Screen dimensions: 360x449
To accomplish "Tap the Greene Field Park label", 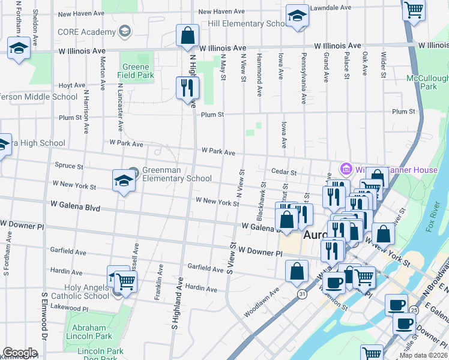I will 138,71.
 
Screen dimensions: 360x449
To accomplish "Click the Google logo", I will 20,353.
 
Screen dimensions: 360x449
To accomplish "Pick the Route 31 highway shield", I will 301,293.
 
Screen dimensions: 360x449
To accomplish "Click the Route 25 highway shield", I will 414,310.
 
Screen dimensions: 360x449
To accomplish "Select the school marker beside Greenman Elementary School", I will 124,181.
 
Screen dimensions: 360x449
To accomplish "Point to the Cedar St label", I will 284,172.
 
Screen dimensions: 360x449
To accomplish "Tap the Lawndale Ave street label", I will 330,8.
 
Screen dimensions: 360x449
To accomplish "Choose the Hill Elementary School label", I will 246,23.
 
